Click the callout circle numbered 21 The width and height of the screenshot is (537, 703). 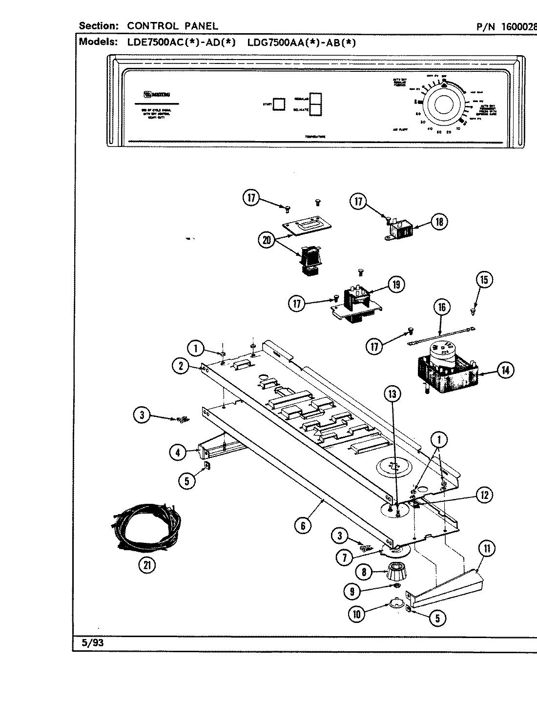point(146,565)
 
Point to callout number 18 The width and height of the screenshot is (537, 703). point(439,222)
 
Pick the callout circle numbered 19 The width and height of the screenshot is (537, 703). point(396,284)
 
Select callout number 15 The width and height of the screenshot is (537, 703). point(484,280)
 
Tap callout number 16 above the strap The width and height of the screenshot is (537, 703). point(442,307)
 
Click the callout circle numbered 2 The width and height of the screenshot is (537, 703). point(181,366)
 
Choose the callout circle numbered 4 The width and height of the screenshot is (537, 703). point(178,453)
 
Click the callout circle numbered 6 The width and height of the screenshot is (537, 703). point(303,525)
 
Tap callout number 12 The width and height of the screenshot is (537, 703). point(484,495)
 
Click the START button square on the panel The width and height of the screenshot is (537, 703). point(279,104)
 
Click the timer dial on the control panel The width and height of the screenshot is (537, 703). point(443,106)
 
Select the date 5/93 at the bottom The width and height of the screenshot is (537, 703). point(93,642)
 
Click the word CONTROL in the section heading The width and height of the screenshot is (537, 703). point(150,26)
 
